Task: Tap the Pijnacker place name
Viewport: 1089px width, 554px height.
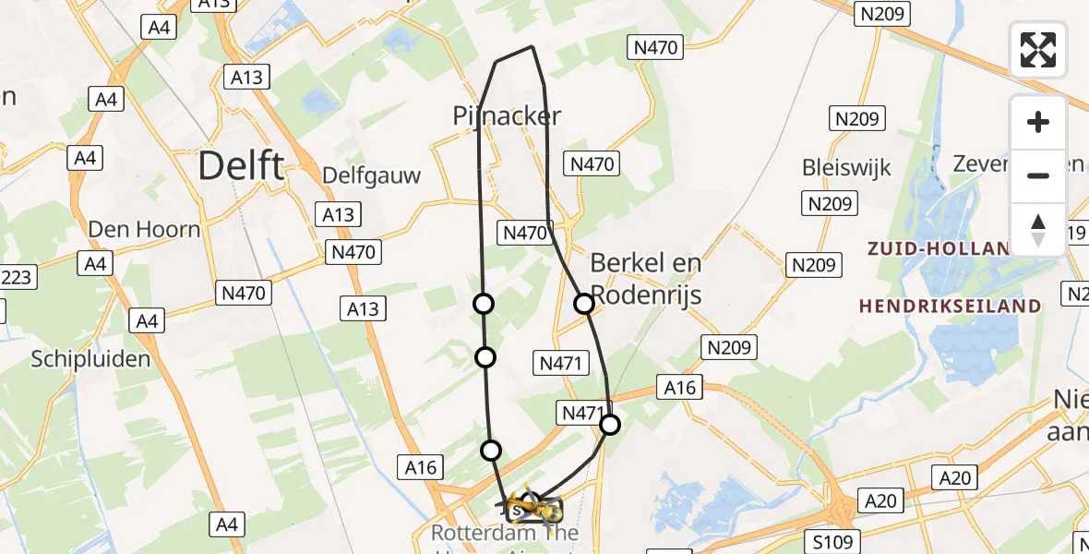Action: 507,115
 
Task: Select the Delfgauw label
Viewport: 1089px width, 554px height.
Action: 371,175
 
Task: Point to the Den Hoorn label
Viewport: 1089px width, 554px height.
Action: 144,229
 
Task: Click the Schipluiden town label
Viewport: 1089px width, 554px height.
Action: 90,359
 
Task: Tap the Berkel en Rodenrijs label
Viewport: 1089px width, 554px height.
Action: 646,278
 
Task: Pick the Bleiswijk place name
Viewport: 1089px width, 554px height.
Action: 846,168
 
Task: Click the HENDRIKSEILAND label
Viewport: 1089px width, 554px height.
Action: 950,306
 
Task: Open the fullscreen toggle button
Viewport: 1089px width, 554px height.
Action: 1038,50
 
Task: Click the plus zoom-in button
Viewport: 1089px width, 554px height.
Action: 1038,122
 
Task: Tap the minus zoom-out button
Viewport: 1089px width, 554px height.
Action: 1038,175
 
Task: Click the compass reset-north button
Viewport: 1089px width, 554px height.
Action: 1038,229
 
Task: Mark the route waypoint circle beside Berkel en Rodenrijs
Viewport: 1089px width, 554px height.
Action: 584,303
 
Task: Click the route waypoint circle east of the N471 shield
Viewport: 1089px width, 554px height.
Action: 610,425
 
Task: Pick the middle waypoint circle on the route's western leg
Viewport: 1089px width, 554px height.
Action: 485,357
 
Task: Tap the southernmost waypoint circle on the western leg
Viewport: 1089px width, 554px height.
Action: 491,450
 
